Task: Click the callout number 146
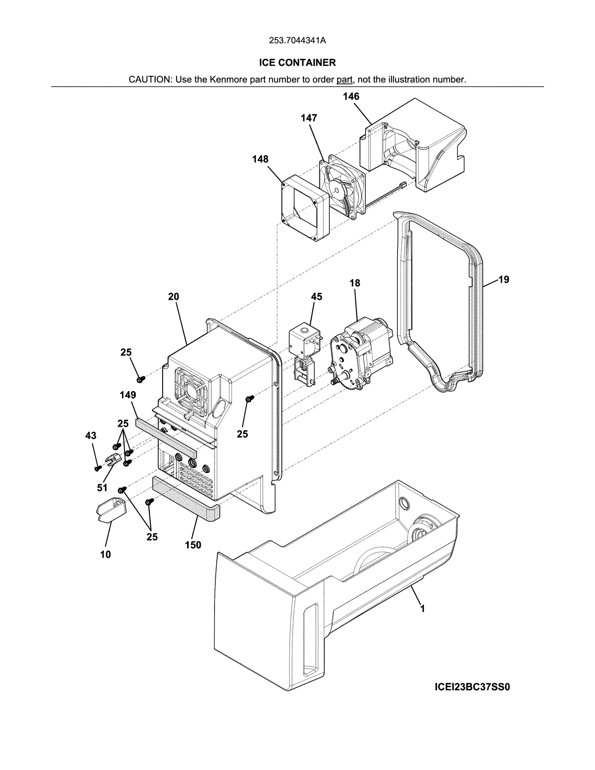pyautogui.click(x=351, y=97)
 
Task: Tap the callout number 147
pyautogui.click(x=309, y=118)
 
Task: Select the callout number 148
pyautogui.click(x=260, y=159)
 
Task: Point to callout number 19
pyautogui.click(x=504, y=280)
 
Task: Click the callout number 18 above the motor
pyautogui.click(x=355, y=283)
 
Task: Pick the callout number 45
pyautogui.click(x=316, y=297)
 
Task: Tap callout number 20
pyautogui.click(x=173, y=297)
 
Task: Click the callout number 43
pyautogui.click(x=91, y=436)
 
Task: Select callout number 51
pyautogui.click(x=102, y=488)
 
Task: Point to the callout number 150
pyautogui.click(x=193, y=545)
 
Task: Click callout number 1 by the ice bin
pyautogui.click(x=422, y=609)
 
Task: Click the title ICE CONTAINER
pyautogui.click(x=297, y=62)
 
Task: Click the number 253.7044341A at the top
pyautogui.click(x=297, y=41)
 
